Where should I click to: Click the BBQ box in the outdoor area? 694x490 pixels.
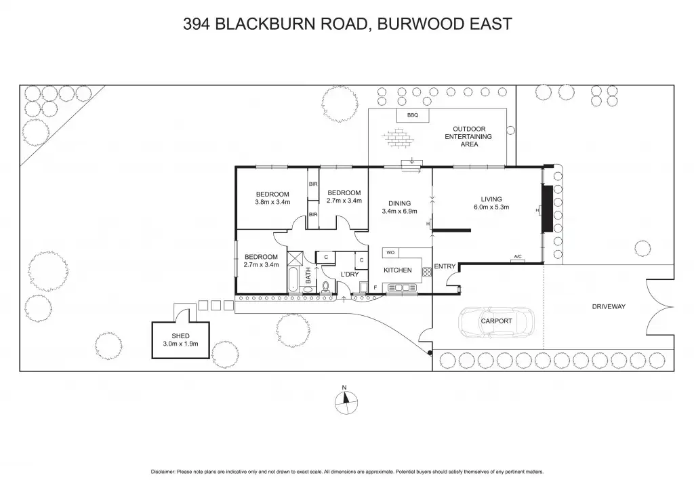pyautogui.click(x=413, y=116)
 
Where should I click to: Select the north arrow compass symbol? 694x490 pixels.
pyautogui.click(x=344, y=401)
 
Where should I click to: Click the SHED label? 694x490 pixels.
pyautogui.click(x=180, y=335)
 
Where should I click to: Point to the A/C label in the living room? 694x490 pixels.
pyautogui.click(x=518, y=256)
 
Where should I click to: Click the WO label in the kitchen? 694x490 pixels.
pyautogui.click(x=390, y=252)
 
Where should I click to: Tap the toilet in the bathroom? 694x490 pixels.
pyautogui.click(x=326, y=287)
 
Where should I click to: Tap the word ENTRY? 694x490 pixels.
pyautogui.click(x=445, y=266)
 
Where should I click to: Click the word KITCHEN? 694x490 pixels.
pyautogui.click(x=398, y=270)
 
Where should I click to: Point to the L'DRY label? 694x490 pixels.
pyautogui.click(x=350, y=274)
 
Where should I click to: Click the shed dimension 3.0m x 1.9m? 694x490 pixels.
pyautogui.click(x=180, y=344)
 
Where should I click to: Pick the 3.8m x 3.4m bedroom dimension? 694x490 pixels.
pyautogui.click(x=272, y=202)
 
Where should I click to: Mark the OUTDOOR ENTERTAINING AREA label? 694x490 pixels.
pyautogui.click(x=469, y=136)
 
